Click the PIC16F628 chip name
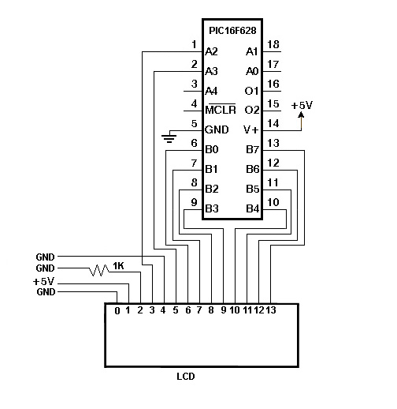[x=232, y=31]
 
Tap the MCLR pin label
[x=221, y=109]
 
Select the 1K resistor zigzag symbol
[x=99, y=270]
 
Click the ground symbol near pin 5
[x=169, y=138]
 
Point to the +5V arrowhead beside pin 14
[x=301, y=114]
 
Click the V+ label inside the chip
[x=251, y=129]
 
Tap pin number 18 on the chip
[x=273, y=44]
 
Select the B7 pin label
[x=252, y=149]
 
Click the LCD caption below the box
[x=186, y=377]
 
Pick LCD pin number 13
[x=271, y=310]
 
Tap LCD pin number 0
[x=117, y=311]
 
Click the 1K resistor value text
[x=118, y=266]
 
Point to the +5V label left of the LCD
[x=43, y=281]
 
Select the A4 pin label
[x=211, y=91]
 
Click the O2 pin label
[x=252, y=110]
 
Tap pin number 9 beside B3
[x=194, y=202]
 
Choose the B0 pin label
[x=212, y=149]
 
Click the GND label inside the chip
[x=217, y=129]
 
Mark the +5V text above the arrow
[x=302, y=105]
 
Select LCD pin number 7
[x=199, y=310]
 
